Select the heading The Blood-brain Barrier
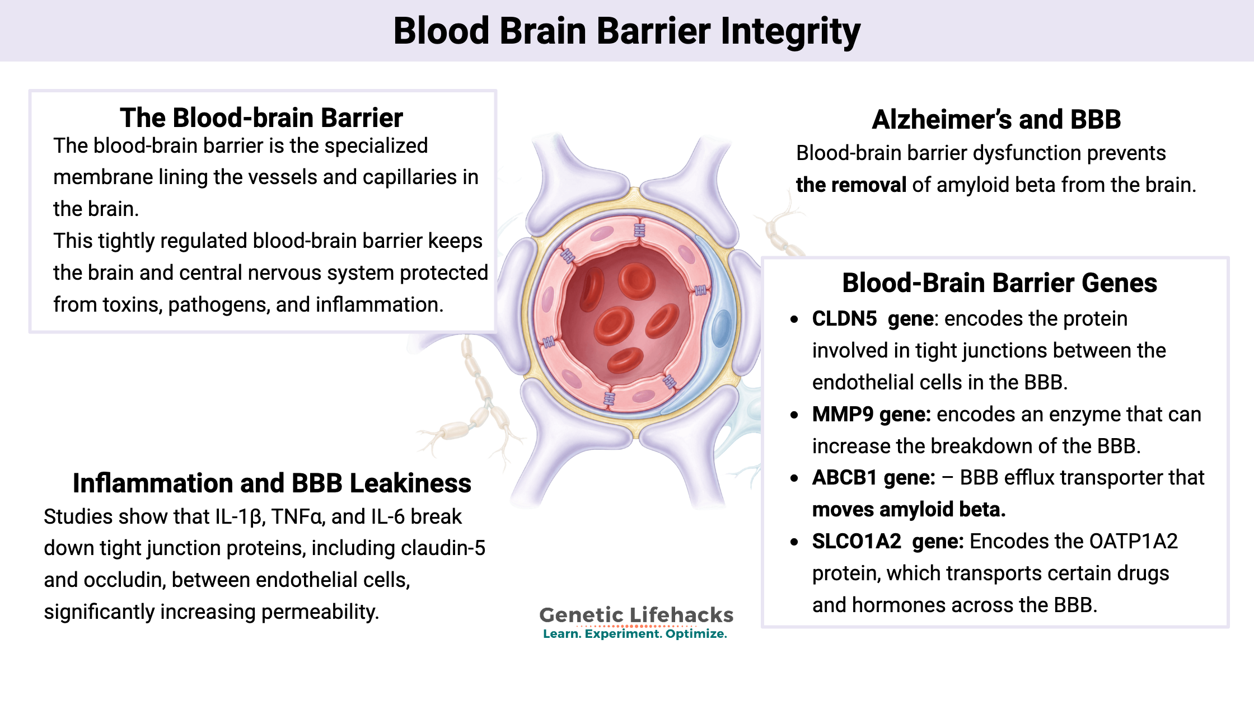click(261, 118)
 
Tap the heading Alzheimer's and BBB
click(996, 120)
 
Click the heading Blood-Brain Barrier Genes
click(999, 283)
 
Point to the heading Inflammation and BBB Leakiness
click(272, 483)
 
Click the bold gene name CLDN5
click(844, 319)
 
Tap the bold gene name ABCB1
click(844, 478)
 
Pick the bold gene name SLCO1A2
click(857, 542)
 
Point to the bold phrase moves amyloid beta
click(909, 510)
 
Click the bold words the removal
click(851, 185)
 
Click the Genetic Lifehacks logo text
click(636, 615)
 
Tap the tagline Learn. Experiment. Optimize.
click(635, 634)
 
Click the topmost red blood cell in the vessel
click(637, 279)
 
